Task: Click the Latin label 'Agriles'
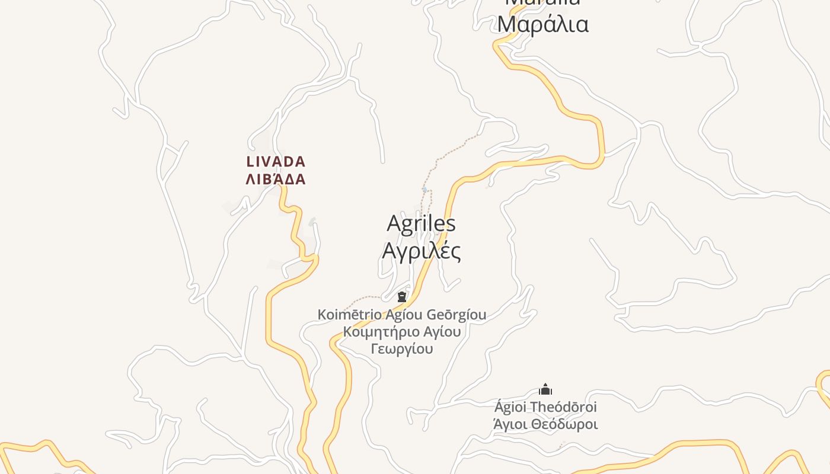point(421,223)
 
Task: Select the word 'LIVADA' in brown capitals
point(276,161)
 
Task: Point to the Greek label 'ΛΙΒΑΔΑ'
point(276,179)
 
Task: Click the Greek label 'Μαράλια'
point(542,24)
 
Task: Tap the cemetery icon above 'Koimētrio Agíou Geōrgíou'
point(402,297)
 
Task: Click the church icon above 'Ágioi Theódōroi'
point(545,389)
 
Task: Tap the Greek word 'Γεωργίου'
point(402,348)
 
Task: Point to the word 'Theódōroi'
point(563,407)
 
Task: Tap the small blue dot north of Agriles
point(424,190)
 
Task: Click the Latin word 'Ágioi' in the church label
point(510,407)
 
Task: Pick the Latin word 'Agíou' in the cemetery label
point(405,315)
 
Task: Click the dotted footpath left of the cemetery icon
point(365,297)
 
